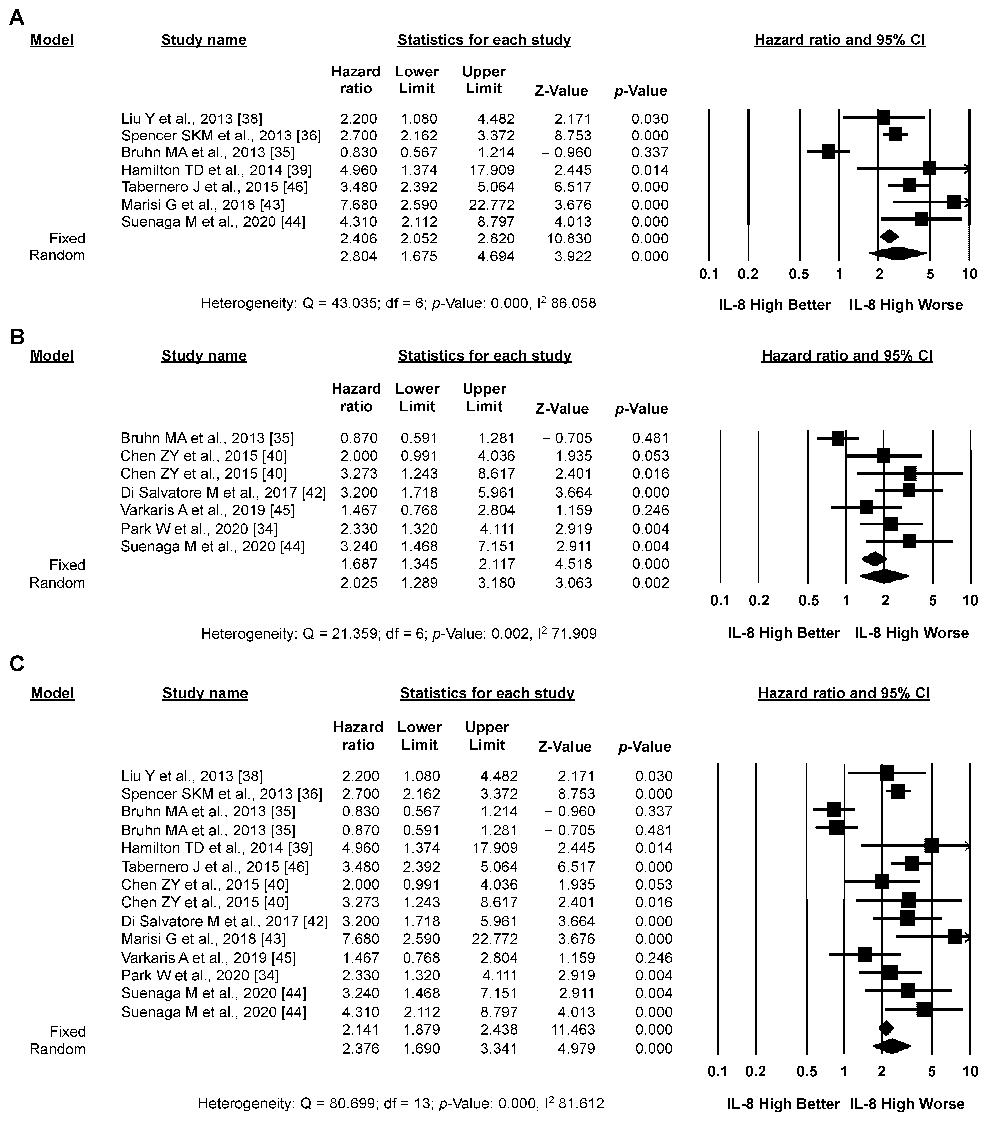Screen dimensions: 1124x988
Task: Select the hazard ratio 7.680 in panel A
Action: pos(358,204)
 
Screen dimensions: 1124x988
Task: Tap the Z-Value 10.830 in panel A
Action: pos(566,239)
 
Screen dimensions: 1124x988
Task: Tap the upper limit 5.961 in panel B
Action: pos(497,492)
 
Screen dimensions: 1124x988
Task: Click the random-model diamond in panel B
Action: pos(884,576)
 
